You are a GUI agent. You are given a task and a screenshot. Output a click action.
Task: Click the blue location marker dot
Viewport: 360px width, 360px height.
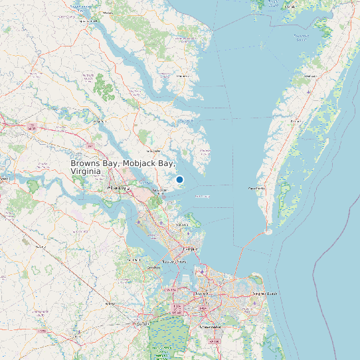point(179,179)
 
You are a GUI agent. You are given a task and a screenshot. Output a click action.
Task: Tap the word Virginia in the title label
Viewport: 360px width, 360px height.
point(86,171)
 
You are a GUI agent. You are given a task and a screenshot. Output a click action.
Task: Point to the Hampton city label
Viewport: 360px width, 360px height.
point(190,248)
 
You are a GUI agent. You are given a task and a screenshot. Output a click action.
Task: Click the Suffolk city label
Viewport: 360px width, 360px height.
point(141,323)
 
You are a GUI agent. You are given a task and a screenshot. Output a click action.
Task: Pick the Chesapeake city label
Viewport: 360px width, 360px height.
point(211,327)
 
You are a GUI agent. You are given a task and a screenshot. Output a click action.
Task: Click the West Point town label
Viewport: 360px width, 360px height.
point(100,122)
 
